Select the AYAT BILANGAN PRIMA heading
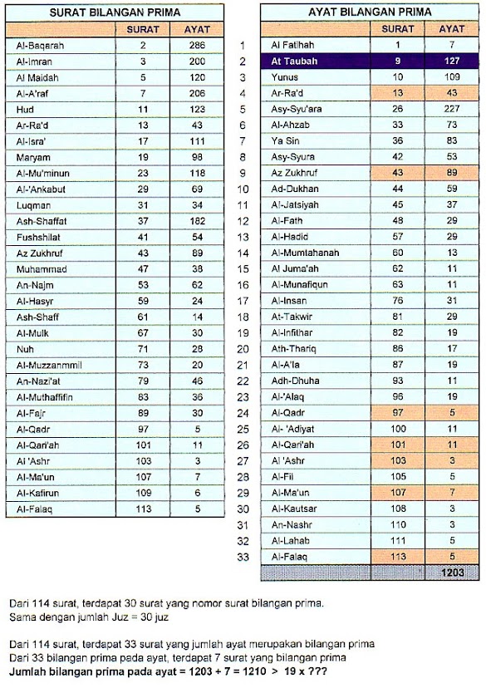[x=370, y=12]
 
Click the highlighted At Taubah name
[x=294, y=61]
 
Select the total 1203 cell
[x=452, y=573]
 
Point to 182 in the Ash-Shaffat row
[x=197, y=221]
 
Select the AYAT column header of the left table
[x=197, y=29]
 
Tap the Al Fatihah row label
[x=291, y=45]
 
